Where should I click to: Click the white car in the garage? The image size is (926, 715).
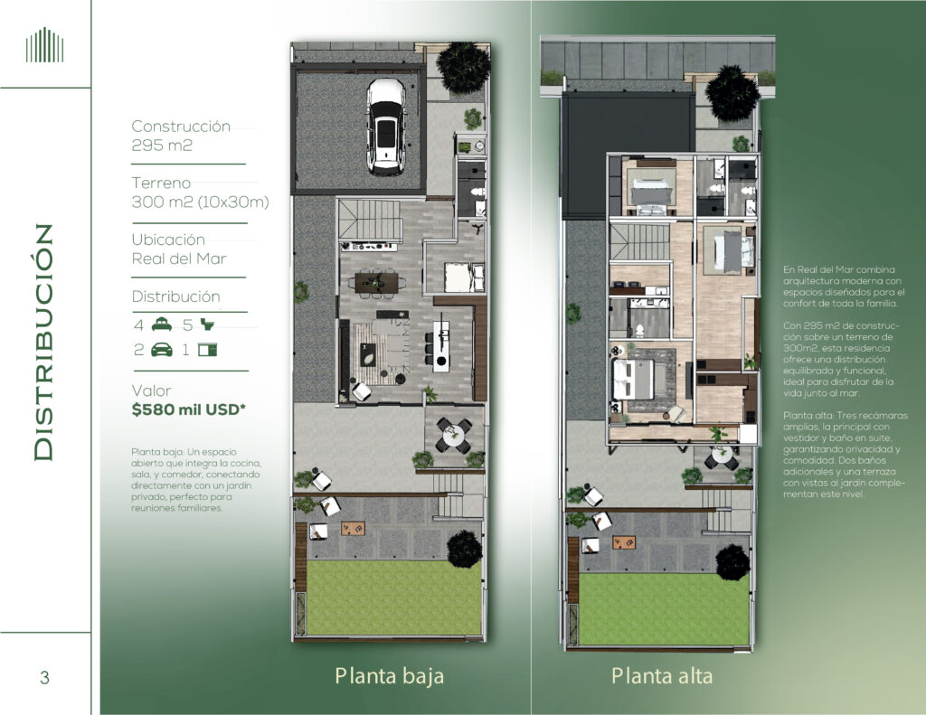[x=385, y=127]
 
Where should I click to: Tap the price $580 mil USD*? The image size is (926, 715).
[x=188, y=409]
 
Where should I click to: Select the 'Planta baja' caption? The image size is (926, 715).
[x=389, y=676]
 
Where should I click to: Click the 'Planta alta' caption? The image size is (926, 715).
[x=661, y=675]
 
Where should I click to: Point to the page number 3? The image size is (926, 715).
[x=44, y=677]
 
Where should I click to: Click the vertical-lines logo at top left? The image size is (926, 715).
[x=44, y=45]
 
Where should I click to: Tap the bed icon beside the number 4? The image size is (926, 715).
[x=162, y=325]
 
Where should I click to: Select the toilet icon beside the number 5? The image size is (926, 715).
[x=208, y=325]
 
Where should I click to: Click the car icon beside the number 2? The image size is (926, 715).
[x=162, y=350]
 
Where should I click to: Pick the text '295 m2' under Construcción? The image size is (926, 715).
[x=162, y=146]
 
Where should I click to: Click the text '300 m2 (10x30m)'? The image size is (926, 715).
[x=200, y=202]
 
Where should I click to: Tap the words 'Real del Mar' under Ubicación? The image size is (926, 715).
[x=179, y=259]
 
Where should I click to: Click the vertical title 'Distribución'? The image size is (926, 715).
[x=43, y=343]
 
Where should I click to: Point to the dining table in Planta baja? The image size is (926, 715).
[x=376, y=282]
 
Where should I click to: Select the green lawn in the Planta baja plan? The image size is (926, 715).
[x=394, y=597]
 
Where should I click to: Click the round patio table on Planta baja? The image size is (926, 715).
[x=454, y=437]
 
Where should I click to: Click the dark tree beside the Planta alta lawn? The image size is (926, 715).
[x=732, y=561]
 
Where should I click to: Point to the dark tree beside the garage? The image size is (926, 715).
[x=464, y=67]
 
